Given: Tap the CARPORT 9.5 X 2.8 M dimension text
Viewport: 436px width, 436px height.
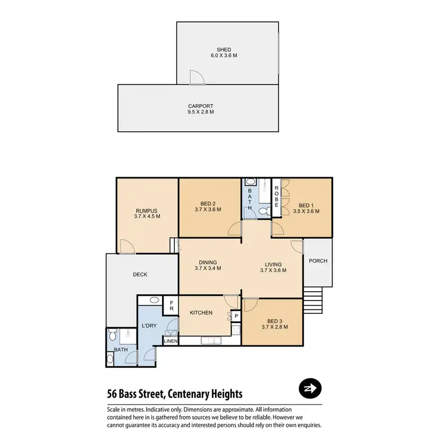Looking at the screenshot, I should pos(201,112).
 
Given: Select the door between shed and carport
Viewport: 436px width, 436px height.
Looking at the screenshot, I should pos(196,78).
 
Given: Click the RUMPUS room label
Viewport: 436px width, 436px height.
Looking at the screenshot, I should pos(146,211).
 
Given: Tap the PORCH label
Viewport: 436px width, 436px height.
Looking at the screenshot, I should pos(318,261).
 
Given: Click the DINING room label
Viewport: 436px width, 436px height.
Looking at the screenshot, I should pos(208,262).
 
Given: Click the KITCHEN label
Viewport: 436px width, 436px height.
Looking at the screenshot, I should pos(201,313).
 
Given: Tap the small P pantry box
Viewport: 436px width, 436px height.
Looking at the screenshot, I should pos(236,316).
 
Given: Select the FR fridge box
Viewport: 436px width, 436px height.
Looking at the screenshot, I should pos(171,305).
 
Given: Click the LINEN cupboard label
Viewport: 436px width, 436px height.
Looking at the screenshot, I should pos(171,341).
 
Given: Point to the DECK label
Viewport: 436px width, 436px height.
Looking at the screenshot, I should pos(140,274).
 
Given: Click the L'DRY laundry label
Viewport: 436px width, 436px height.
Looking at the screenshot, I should pos(149,326).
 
